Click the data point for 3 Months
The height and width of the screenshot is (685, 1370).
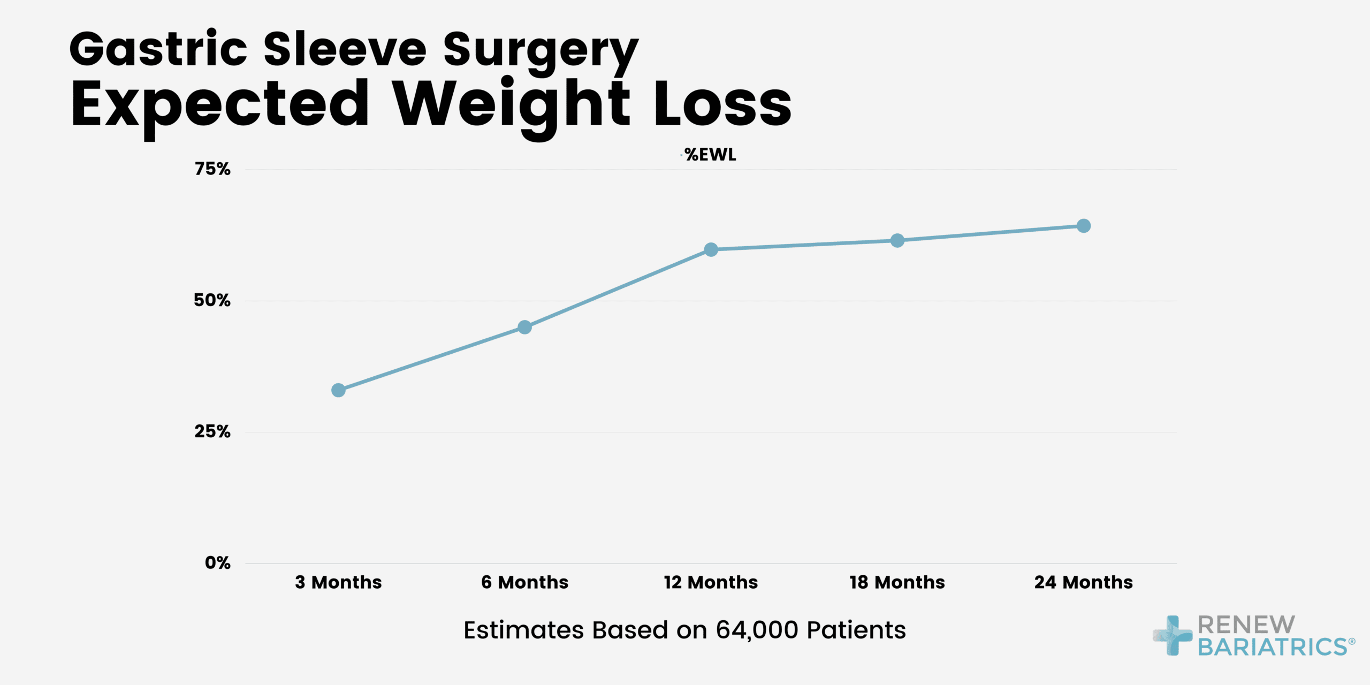[x=338, y=390]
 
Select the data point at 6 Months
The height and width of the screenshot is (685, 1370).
[x=524, y=327]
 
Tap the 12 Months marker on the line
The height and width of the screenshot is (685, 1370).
[x=711, y=249]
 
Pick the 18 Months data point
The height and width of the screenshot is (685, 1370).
[x=897, y=240]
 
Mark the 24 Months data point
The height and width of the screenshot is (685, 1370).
[x=1083, y=226]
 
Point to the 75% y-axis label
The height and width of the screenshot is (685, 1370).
[x=212, y=169]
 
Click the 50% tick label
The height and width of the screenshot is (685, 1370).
[x=212, y=300]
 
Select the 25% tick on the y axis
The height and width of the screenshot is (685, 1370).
[x=212, y=431]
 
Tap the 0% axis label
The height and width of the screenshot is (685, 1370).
[x=217, y=562]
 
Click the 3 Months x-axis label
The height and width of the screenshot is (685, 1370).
[x=338, y=582]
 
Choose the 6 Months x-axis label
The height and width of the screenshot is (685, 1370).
[x=524, y=582]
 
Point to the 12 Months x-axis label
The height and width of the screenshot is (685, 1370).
[x=711, y=582]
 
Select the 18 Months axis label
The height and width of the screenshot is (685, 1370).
[x=897, y=582]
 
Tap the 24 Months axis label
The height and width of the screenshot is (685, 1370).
[x=1083, y=582]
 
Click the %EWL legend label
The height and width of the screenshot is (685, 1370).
[x=710, y=155]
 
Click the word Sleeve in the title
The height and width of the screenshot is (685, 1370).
[x=345, y=49]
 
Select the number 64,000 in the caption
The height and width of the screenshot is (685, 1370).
[x=757, y=630]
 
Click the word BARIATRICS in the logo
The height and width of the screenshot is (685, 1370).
[x=1273, y=646]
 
